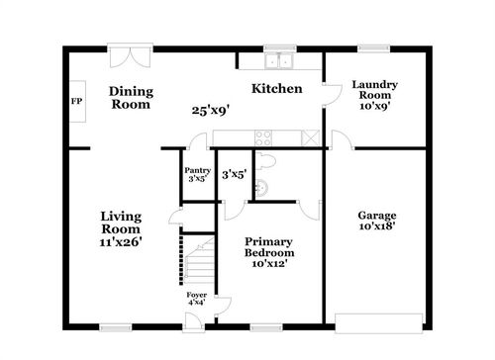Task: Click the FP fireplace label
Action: coord(76,101)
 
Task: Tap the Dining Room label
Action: coord(131,98)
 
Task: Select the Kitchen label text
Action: coord(277,89)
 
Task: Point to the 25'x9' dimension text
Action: coord(211,111)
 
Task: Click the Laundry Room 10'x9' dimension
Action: coord(375,106)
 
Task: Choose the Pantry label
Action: coord(197,170)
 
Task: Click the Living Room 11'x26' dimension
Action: coord(121,242)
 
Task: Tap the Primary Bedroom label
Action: coord(269,247)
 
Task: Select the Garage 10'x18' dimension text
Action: coord(377,226)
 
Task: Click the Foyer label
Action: coord(197,295)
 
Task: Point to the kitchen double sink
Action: coord(279,61)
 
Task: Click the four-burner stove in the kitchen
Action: coord(263,138)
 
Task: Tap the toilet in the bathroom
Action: coord(265,161)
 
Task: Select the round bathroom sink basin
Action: coord(261,188)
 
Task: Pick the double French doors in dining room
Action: coord(131,56)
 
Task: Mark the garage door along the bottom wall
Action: coord(379,323)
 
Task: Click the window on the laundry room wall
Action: coord(374,48)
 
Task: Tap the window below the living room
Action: coord(116,327)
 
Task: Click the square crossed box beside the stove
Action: coord(311,138)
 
